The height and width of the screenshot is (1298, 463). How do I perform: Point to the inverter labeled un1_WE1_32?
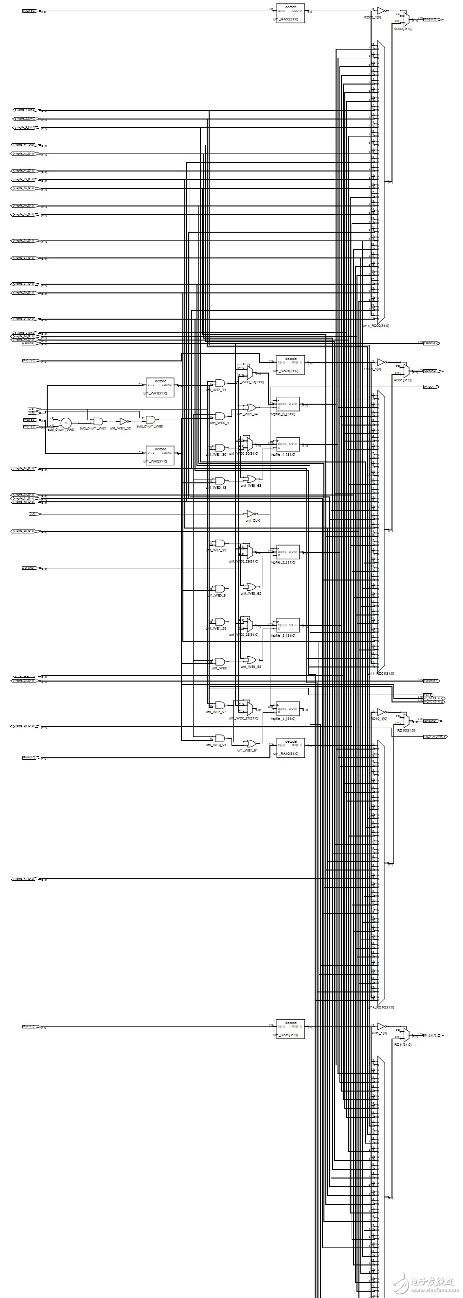(124, 421)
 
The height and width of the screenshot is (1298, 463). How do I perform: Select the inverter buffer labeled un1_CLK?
(251, 514)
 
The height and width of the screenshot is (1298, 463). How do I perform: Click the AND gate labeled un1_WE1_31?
(220, 383)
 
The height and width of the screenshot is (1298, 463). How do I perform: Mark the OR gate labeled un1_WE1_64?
(250, 408)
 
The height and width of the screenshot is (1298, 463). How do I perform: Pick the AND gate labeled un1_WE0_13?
(220, 481)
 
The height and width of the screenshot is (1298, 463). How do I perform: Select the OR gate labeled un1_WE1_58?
(250, 660)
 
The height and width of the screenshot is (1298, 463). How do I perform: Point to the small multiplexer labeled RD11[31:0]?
(406, 1035)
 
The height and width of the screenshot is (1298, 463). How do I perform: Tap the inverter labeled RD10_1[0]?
(381, 713)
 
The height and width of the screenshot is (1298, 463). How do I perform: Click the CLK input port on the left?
(35, 514)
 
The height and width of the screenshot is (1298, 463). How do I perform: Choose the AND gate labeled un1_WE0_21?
(220, 738)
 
